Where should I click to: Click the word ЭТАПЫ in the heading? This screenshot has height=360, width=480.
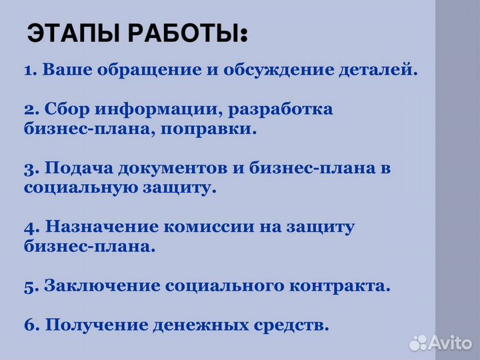(x=69, y=33)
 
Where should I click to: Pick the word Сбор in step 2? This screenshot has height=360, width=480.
(x=66, y=109)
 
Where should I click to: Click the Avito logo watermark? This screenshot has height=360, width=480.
(x=440, y=343)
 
